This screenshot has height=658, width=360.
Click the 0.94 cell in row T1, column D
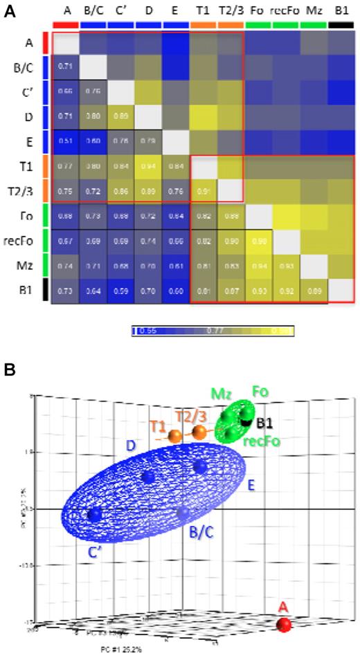(148, 164)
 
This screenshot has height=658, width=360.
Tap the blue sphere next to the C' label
(94, 515)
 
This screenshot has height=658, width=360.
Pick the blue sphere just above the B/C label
(183, 513)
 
